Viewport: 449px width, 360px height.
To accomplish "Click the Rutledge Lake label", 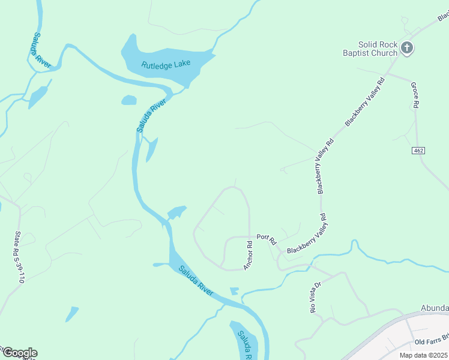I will coord(166,64).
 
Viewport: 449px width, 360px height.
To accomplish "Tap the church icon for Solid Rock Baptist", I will coord(407,48).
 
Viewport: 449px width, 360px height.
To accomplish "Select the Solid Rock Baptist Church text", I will coord(370,49).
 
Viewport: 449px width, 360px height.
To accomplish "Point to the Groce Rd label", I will coord(414,95).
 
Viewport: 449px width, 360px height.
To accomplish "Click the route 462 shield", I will coord(419,150).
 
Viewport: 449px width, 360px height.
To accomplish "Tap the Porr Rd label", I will coord(266,239).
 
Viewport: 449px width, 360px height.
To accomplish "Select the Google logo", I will coord(19,353).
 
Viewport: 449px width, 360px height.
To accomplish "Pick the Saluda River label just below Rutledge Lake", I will coord(146,116).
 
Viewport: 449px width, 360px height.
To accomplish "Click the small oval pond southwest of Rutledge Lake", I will coord(129,100).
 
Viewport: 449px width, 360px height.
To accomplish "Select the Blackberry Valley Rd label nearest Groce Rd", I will coord(364,101).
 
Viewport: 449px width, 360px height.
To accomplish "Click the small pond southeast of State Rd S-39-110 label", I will coord(72,313).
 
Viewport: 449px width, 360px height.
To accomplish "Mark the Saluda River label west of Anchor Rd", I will coord(196,278).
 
